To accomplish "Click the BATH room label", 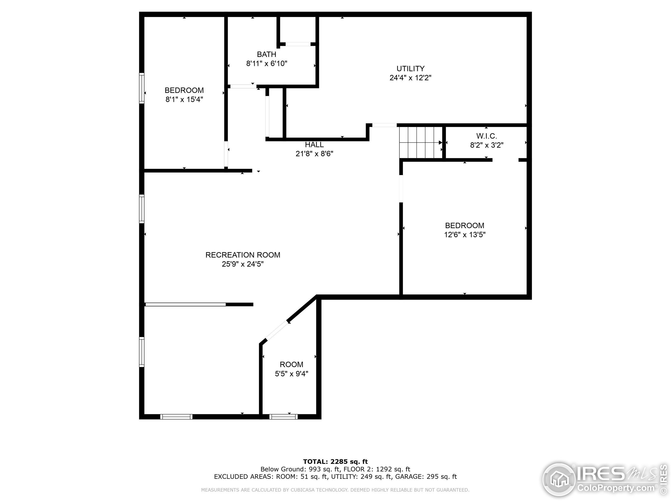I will (x=266, y=54).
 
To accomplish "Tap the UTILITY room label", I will (x=410, y=69).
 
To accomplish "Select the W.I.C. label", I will (x=486, y=136).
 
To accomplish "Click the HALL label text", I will (x=314, y=145).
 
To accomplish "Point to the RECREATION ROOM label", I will (x=243, y=255).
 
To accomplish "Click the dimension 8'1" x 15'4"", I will (x=184, y=99).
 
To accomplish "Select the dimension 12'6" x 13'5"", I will (x=464, y=234).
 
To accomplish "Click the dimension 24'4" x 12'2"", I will (x=410, y=78).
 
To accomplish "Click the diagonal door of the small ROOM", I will (x=277, y=330).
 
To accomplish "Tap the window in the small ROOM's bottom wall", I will (x=283, y=417).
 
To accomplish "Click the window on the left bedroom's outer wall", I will (x=142, y=88).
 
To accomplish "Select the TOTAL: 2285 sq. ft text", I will (x=335, y=462).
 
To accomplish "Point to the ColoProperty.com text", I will (x=616, y=488).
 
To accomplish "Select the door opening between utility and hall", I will (x=384, y=125).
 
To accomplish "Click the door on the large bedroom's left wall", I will (x=401, y=189).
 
